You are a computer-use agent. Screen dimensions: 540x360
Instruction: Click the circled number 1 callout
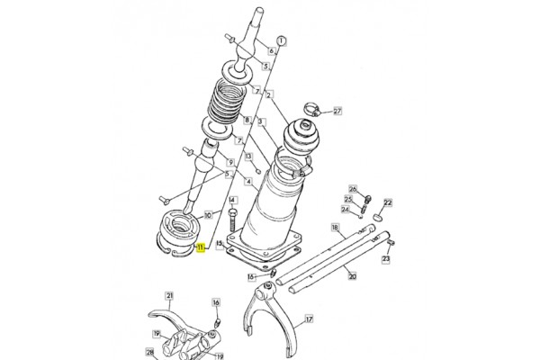(282, 41)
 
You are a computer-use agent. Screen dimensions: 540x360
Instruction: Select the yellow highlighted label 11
(201, 247)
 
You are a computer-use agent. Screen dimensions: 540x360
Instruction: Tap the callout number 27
(337, 112)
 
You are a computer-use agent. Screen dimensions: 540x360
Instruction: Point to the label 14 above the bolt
(232, 201)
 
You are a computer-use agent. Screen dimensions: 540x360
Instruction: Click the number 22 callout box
(388, 202)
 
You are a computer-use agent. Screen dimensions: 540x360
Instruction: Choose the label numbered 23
(386, 258)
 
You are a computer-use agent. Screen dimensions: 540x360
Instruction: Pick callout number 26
(353, 189)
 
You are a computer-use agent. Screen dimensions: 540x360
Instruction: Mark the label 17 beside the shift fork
(310, 319)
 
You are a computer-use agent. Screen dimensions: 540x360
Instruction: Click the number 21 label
(169, 295)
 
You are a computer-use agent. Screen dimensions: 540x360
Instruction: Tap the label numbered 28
(149, 352)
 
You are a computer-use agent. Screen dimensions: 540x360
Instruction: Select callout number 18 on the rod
(335, 228)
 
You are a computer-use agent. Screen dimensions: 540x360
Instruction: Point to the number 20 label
(352, 276)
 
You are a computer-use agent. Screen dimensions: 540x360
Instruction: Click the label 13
(248, 157)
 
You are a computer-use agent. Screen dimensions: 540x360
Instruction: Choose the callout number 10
(208, 215)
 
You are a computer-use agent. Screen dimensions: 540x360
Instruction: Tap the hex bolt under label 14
(232, 220)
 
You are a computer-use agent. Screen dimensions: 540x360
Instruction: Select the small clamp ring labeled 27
(312, 109)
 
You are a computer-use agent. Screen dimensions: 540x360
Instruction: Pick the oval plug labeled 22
(378, 217)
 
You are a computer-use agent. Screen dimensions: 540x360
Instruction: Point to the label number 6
(272, 51)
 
